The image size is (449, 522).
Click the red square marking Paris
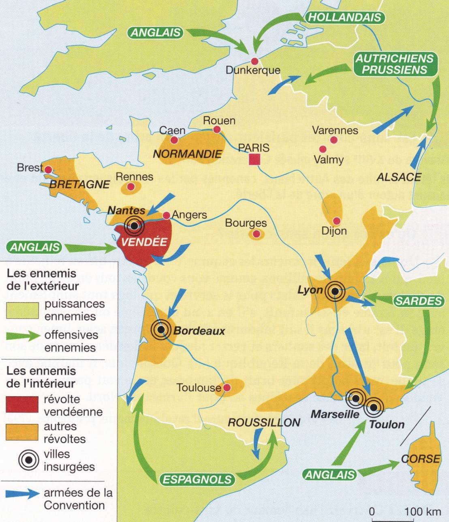pos(254,159)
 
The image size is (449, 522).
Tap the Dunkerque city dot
pos(255,61)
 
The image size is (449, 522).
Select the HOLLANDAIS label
pos(345,17)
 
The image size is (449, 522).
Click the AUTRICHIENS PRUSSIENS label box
pos(394,64)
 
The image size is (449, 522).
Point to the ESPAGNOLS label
pos(197,480)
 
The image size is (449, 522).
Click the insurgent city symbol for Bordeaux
pos(161,330)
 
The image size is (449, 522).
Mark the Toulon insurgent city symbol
pos(373,408)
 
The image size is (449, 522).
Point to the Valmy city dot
pos(323,149)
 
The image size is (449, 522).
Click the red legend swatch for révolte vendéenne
pos(22,405)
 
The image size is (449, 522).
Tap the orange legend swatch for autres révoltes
pos(22,432)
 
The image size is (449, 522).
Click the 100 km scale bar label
pos(422,511)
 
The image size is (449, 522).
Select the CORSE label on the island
pos(421,459)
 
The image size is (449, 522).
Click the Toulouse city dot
pos(227,388)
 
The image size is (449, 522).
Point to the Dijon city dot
pos(336,221)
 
